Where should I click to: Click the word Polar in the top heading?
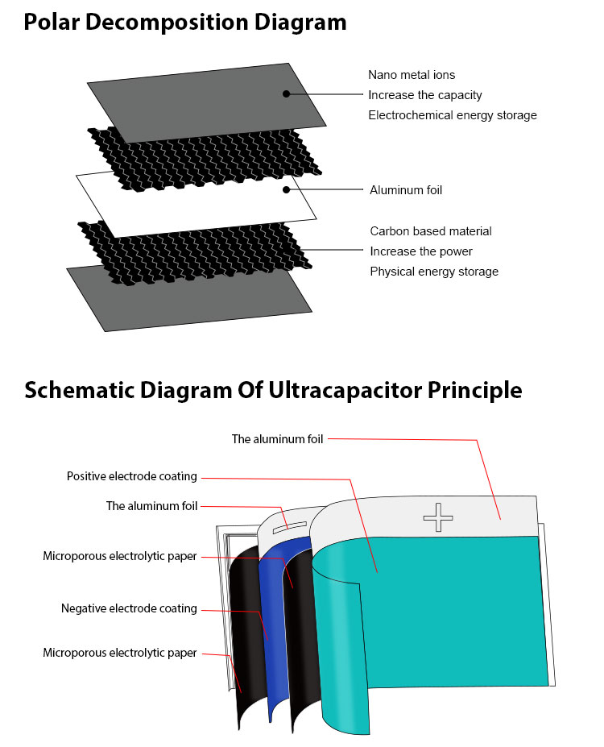click(52, 22)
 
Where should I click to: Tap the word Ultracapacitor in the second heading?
click(345, 390)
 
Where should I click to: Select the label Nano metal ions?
click(412, 75)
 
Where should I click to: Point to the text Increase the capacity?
click(425, 95)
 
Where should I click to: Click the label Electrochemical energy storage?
click(453, 115)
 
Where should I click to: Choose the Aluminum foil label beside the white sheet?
click(406, 190)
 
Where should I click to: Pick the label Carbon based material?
click(431, 231)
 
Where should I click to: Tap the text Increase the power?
click(421, 251)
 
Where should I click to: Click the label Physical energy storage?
click(434, 272)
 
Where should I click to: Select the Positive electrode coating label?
click(132, 476)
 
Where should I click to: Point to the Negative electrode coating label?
click(129, 608)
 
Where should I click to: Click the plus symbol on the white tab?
click(438, 517)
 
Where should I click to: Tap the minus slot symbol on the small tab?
click(289, 527)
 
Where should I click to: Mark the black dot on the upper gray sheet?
click(286, 93)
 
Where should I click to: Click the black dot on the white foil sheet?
click(286, 189)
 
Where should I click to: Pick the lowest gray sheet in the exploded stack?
click(189, 297)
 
